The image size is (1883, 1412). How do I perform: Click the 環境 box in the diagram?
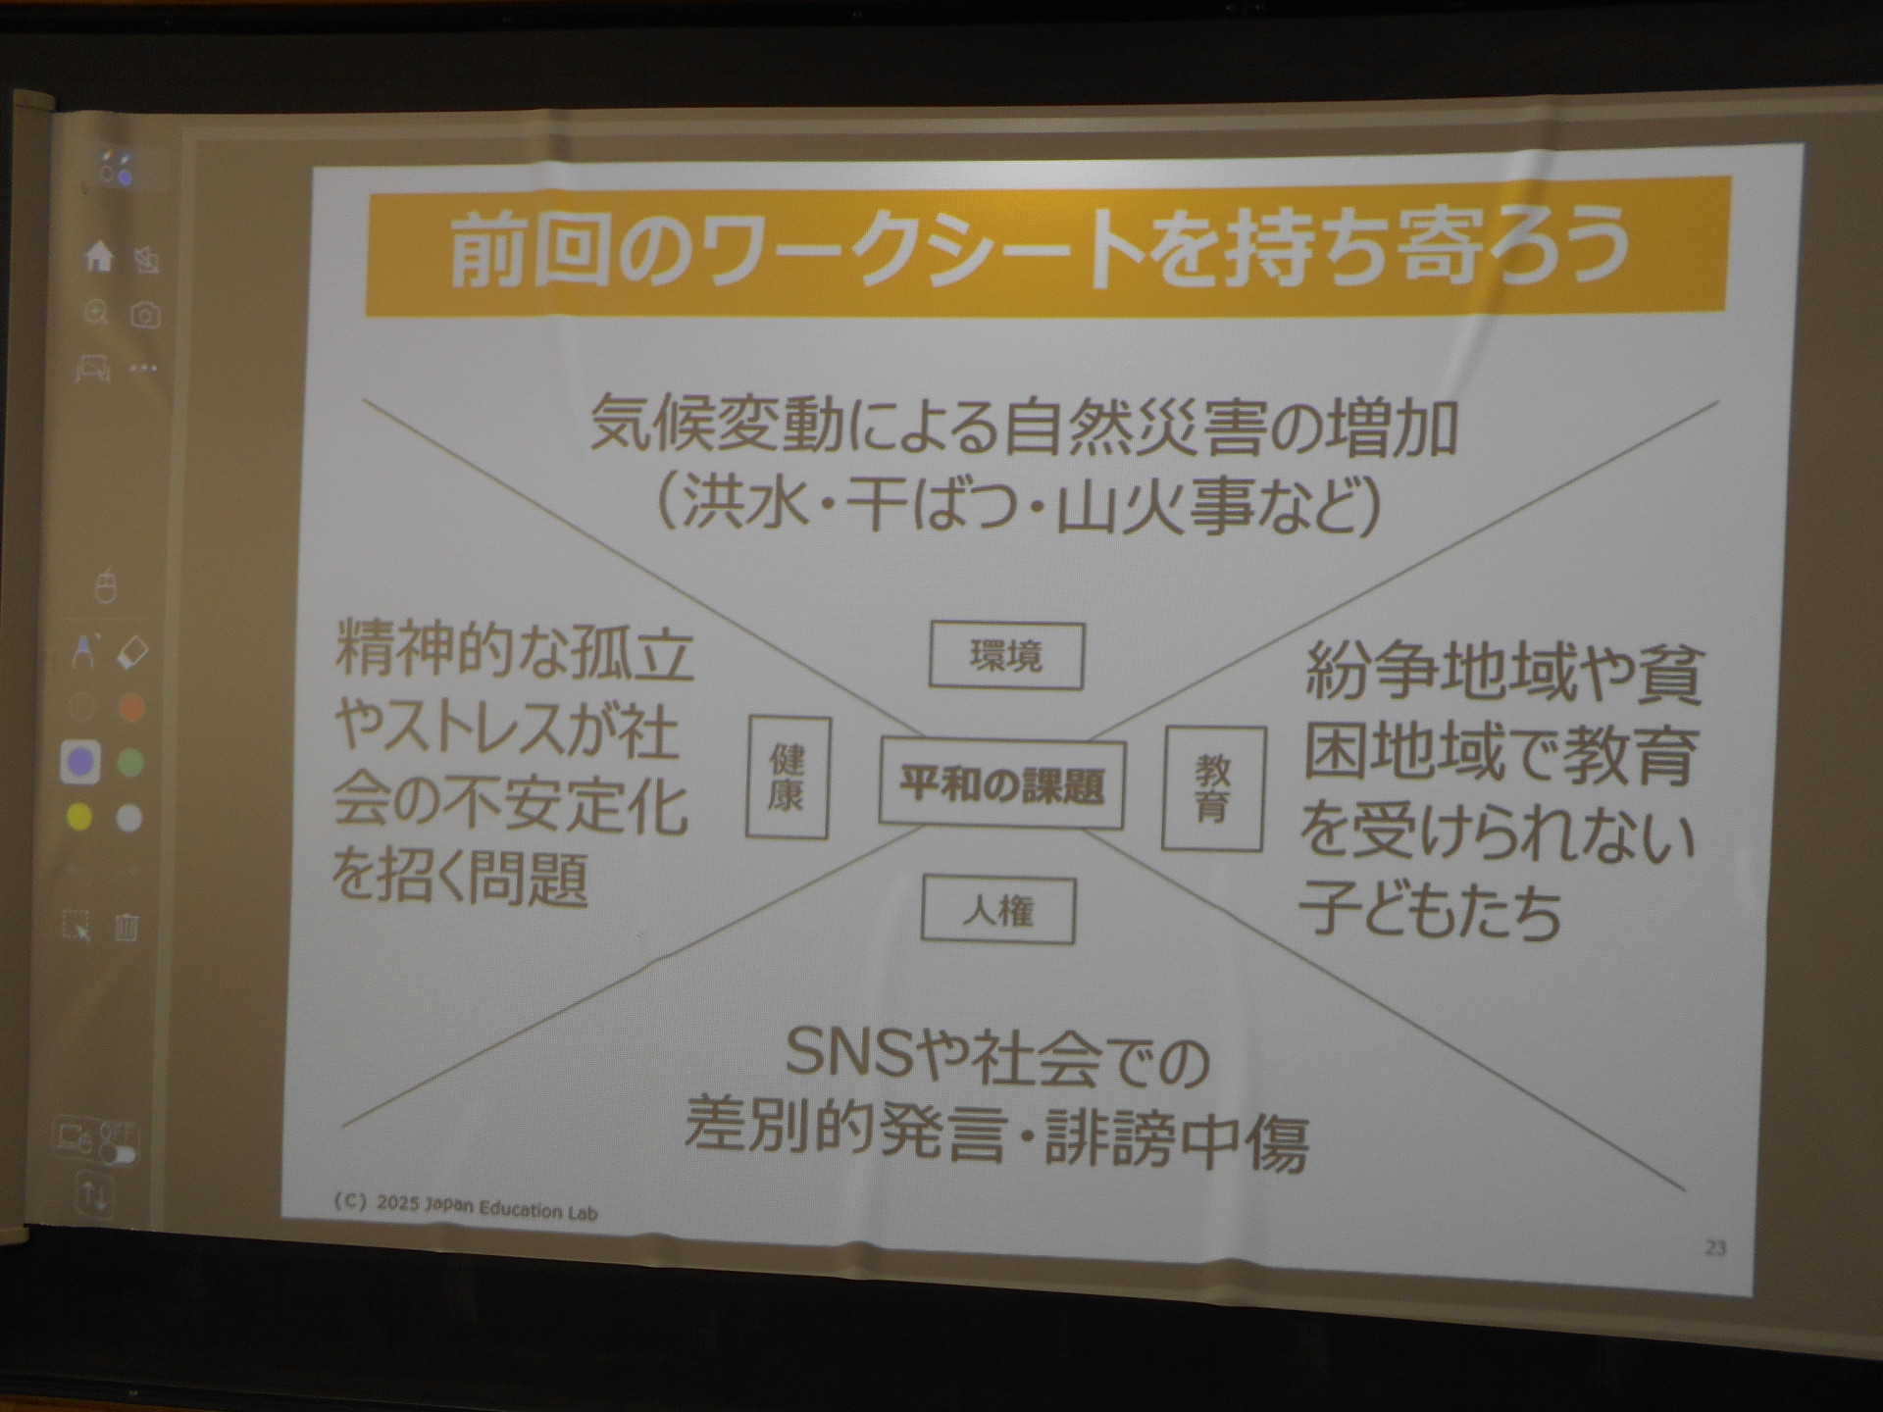pos(1006,655)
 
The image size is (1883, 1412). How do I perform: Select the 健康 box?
pos(788,778)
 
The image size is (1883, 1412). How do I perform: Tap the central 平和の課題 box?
pos(1002,783)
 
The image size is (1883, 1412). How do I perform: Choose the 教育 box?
pos(1212,788)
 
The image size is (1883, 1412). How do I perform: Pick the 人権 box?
pos(998,911)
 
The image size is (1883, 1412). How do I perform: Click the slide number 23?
pos(1715,1247)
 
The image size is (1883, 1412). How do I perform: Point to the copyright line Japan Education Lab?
pos(466,1205)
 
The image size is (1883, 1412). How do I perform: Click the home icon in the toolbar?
pos(99,257)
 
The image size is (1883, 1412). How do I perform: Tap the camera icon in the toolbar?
pos(145,315)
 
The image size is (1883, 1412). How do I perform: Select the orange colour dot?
pos(130,707)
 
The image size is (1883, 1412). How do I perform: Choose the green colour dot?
pos(130,762)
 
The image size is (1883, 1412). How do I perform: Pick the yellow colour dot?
pos(79,816)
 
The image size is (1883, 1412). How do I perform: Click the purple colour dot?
pos(80,762)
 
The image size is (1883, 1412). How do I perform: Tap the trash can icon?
pos(127,926)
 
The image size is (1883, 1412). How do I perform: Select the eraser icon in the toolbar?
pos(131,652)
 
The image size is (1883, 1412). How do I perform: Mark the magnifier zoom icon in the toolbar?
pos(96,313)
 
